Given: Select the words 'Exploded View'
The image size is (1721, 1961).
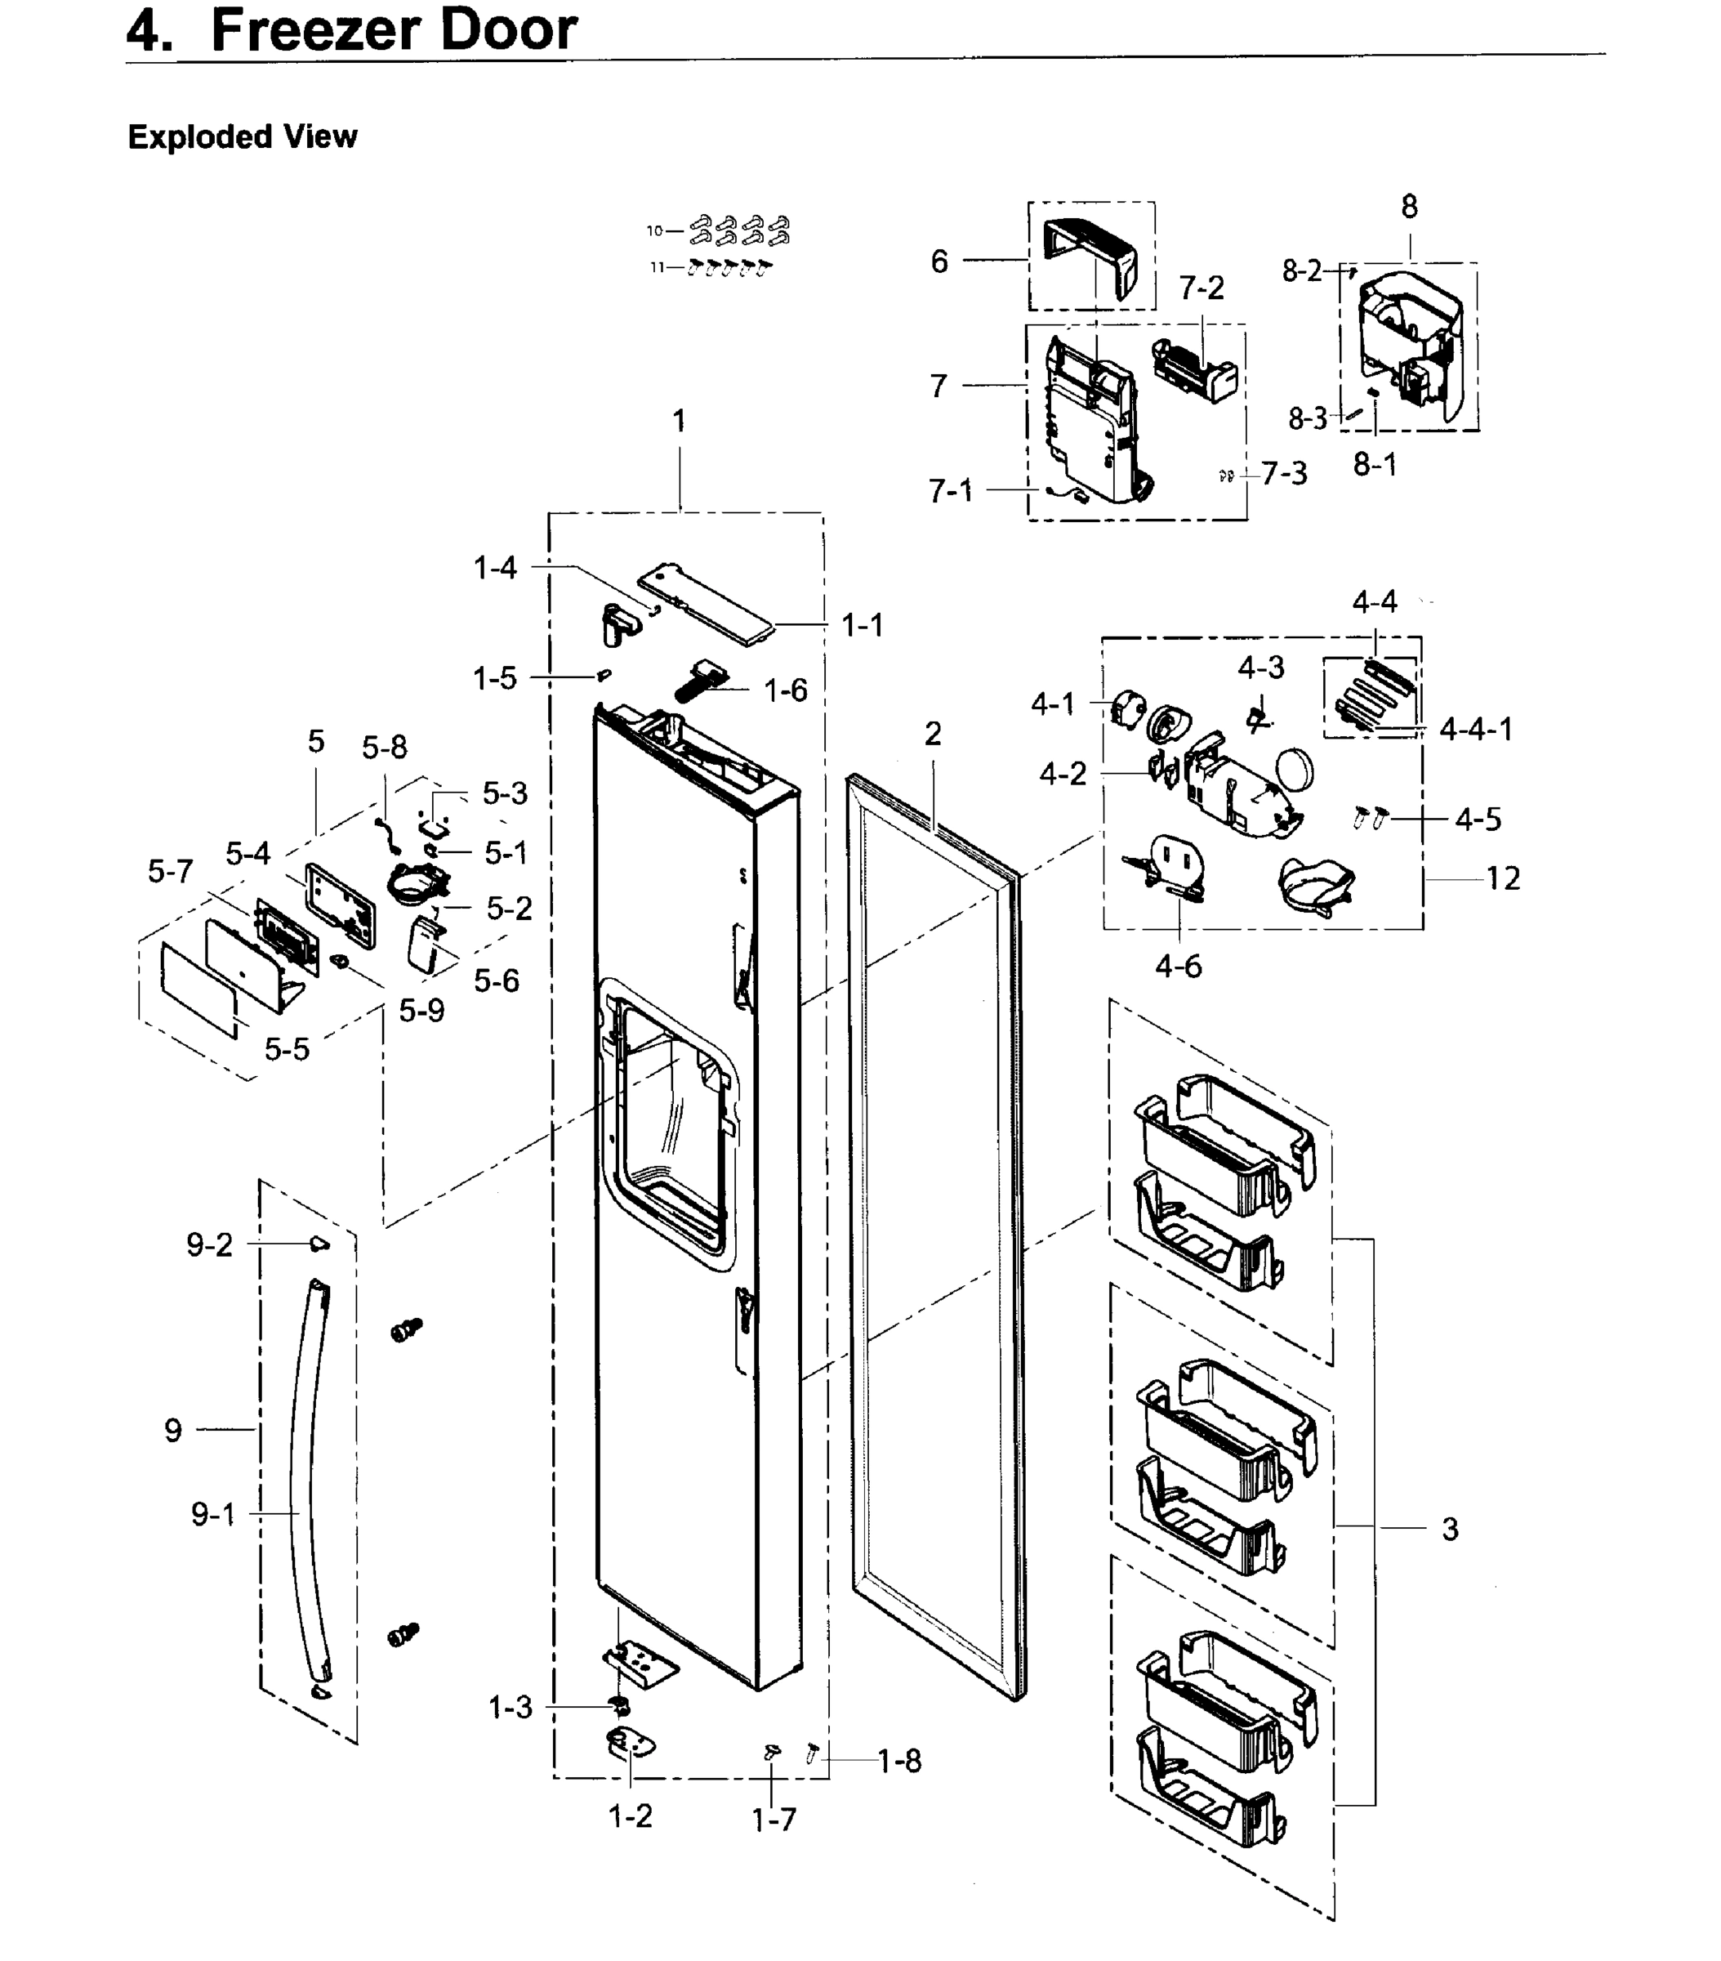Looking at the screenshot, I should (242, 137).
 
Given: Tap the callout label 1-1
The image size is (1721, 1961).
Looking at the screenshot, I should (862, 626).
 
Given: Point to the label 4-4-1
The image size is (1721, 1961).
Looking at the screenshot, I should (1475, 729).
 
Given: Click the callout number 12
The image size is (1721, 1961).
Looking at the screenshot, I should (1502, 878).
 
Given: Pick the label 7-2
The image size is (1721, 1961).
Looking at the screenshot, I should (1201, 288).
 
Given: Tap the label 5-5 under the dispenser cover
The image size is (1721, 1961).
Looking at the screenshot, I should (287, 1050).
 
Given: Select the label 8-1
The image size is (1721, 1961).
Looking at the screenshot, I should (1374, 465).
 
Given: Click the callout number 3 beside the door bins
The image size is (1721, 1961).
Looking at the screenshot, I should (1450, 1528).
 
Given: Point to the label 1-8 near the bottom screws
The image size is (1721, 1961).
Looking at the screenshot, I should (898, 1761).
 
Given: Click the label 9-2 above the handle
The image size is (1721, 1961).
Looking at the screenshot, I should (209, 1245).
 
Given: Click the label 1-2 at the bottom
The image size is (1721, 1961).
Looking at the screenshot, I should (631, 1816).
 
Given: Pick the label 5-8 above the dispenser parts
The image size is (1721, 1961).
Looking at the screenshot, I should (384, 748).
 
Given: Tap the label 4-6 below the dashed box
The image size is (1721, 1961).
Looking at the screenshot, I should (1178, 966).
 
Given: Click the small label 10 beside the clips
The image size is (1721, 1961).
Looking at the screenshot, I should (654, 230).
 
